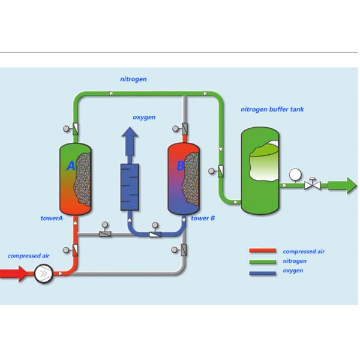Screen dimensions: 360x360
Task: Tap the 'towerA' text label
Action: (x=52, y=218)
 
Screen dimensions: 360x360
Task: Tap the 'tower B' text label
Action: (x=203, y=218)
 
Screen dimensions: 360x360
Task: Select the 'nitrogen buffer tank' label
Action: (x=272, y=110)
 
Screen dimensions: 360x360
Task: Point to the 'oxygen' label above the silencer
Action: (x=144, y=117)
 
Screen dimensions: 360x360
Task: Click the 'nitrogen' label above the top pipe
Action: (x=133, y=79)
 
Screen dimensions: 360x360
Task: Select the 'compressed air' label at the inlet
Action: (x=28, y=256)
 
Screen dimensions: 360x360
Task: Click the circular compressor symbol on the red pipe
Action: (x=43, y=274)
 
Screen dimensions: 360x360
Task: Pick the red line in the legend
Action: (x=262, y=251)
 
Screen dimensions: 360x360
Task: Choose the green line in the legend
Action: (x=262, y=261)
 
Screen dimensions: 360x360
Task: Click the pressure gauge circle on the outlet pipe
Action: (x=295, y=175)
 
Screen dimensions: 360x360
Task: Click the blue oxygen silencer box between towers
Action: (x=129, y=187)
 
